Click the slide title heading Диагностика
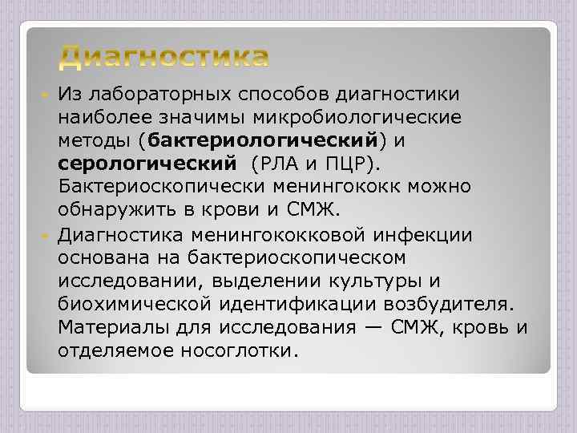164,57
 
